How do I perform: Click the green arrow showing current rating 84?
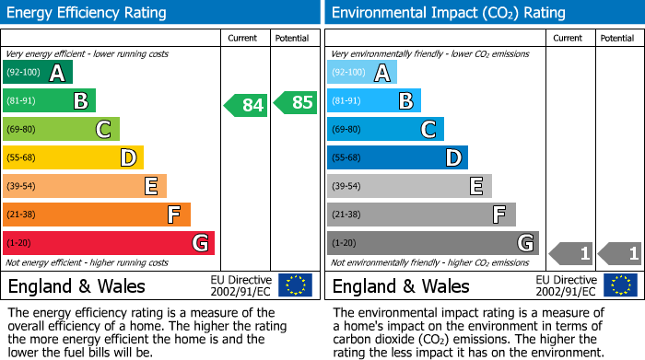246,105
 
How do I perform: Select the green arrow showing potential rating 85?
296,102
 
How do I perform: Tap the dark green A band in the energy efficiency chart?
38,73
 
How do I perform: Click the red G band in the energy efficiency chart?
109,243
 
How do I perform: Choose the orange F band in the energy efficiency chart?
97,215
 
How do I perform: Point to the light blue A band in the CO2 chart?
362,73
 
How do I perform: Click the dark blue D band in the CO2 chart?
397,158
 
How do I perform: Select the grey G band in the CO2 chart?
432,243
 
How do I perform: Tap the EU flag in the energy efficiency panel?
295,285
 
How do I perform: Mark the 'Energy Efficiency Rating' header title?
88,13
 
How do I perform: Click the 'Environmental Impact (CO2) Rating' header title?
448,13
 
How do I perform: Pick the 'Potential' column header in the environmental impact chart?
616,38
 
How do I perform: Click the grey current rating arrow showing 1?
570,252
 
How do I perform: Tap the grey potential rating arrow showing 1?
620,252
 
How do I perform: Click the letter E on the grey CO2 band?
476,187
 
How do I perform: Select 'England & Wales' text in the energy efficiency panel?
76,285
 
